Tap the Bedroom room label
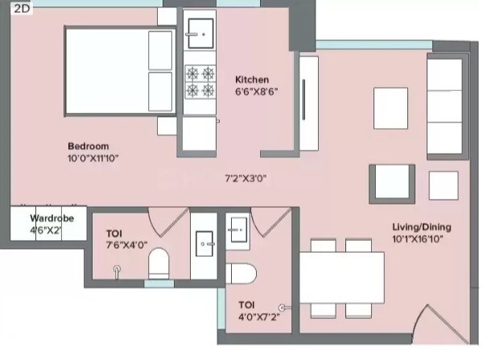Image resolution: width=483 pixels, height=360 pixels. pos(88,146)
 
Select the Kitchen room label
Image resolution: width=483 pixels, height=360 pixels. pos(252,80)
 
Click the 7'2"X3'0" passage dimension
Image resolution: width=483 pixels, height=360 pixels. pos(246,179)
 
